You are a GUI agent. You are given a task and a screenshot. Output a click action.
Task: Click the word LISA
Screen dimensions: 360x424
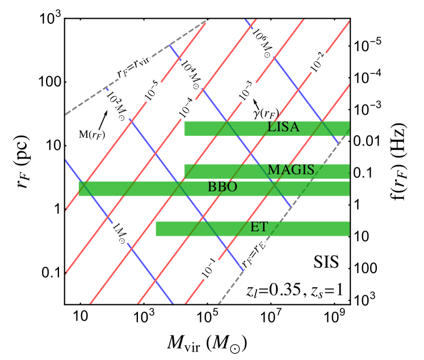coord(283,127)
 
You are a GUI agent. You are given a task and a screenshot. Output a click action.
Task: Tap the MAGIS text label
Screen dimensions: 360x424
coord(291,170)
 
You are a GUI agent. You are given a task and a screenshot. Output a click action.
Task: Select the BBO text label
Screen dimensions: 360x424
coord(222,187)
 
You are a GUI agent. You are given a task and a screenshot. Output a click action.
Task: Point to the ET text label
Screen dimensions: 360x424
coord(258,227)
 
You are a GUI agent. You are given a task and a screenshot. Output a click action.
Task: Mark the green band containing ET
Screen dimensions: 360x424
coord(199,229)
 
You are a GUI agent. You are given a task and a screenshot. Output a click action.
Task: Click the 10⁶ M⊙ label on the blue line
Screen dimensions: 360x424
coord(263,41)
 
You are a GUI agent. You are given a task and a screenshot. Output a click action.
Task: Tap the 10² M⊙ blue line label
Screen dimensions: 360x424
coord(117,106)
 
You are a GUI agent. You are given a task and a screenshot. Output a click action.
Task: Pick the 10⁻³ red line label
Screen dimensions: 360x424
coord(247,90)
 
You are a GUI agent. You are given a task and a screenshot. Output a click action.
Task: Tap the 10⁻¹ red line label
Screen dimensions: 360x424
coord(209,267)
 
